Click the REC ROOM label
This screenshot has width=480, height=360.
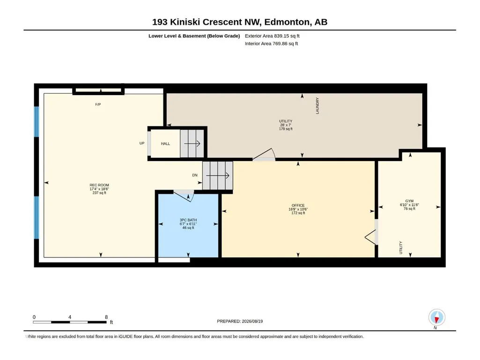99,185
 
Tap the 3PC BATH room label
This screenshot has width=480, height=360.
188,220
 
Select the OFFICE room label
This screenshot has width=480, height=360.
298,206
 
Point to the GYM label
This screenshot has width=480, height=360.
409,201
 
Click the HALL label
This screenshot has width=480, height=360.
165,144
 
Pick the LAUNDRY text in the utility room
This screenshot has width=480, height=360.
318,106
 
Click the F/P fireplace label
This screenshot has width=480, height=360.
98,104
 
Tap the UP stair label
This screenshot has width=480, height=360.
142,143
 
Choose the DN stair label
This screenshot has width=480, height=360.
195,175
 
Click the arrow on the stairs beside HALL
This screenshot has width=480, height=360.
192,144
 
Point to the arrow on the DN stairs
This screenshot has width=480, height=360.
218,176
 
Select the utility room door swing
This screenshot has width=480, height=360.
264,154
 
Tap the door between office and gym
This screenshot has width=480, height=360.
371,237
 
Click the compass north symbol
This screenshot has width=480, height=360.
437,317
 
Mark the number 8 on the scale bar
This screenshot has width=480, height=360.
106,317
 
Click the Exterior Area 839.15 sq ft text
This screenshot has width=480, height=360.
272,36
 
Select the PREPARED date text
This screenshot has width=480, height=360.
240,321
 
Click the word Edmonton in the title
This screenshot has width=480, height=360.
287,22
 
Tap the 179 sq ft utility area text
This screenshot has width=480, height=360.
286,129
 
